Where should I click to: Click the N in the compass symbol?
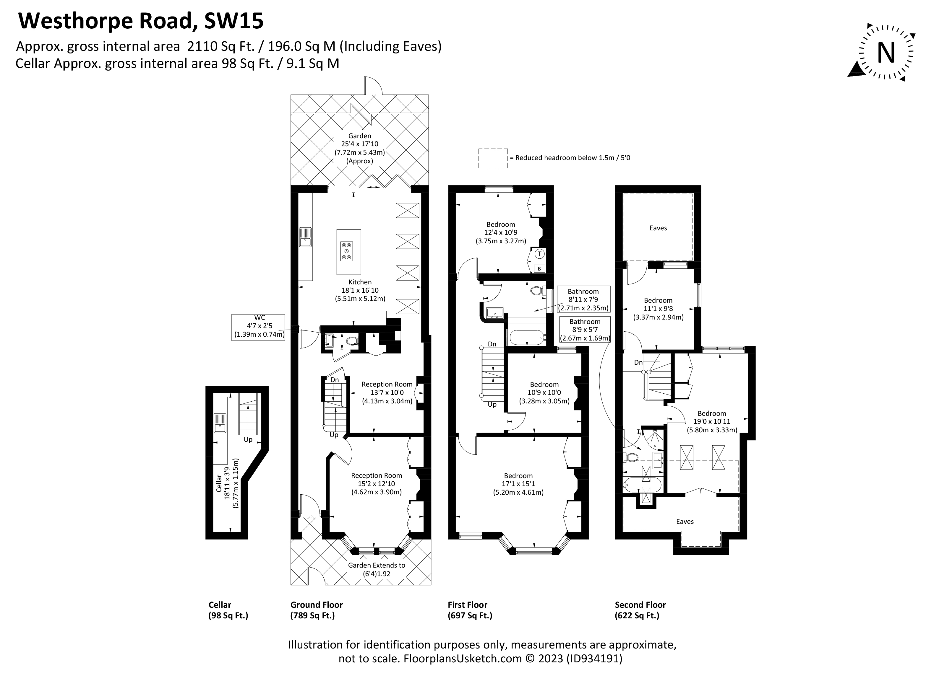886,53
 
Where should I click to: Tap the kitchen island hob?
347,251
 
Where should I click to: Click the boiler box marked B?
539,268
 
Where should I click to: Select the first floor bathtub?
527,337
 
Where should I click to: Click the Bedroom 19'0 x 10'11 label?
712,421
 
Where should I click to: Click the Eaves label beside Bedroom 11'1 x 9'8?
658,228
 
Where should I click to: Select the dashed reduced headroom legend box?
493,159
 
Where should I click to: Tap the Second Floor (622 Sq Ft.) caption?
640,610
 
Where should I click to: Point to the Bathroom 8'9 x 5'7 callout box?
585,330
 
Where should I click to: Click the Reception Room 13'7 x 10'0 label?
387,392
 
